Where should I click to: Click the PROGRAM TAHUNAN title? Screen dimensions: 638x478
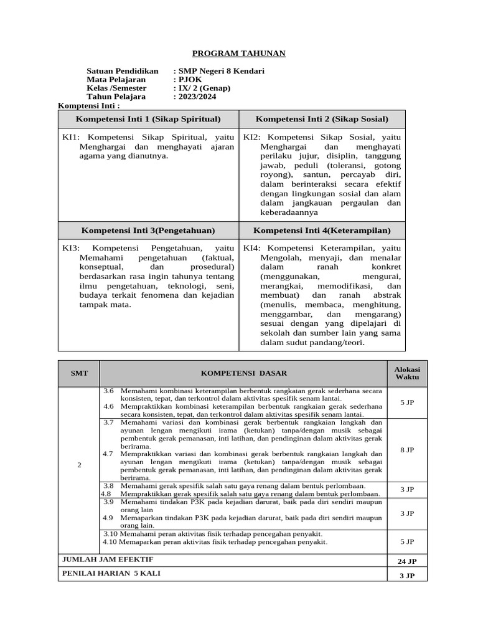[x=238, y=54]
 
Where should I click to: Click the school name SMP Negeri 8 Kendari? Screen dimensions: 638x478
[x=221, y=71]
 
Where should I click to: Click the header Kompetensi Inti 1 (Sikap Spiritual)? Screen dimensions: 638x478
[x=148, y=119]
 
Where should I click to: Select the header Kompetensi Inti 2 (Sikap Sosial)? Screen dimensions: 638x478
[x=322, y=119]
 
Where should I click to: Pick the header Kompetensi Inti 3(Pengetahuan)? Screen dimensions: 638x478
[x=148, y=231]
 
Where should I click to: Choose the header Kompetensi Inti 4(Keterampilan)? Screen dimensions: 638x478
[x=322, y=231]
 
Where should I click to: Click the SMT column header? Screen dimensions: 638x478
[x=79, y=373]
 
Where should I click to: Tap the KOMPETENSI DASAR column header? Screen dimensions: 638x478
[x=243, y=373]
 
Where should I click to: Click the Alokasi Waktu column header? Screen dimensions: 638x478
[x=407, y=373]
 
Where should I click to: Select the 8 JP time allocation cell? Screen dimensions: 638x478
[x=407, y=449]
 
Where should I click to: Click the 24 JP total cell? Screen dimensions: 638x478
[x=407, y=561]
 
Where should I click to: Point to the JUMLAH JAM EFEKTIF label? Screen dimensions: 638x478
[x=107, y=559]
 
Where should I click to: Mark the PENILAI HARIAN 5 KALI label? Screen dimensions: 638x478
[x=111, y=574]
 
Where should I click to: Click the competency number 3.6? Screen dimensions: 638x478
[x=109, y=391]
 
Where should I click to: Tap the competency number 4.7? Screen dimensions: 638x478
[x=109, y=454]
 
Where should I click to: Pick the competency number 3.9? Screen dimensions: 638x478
[x=109, y=502]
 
